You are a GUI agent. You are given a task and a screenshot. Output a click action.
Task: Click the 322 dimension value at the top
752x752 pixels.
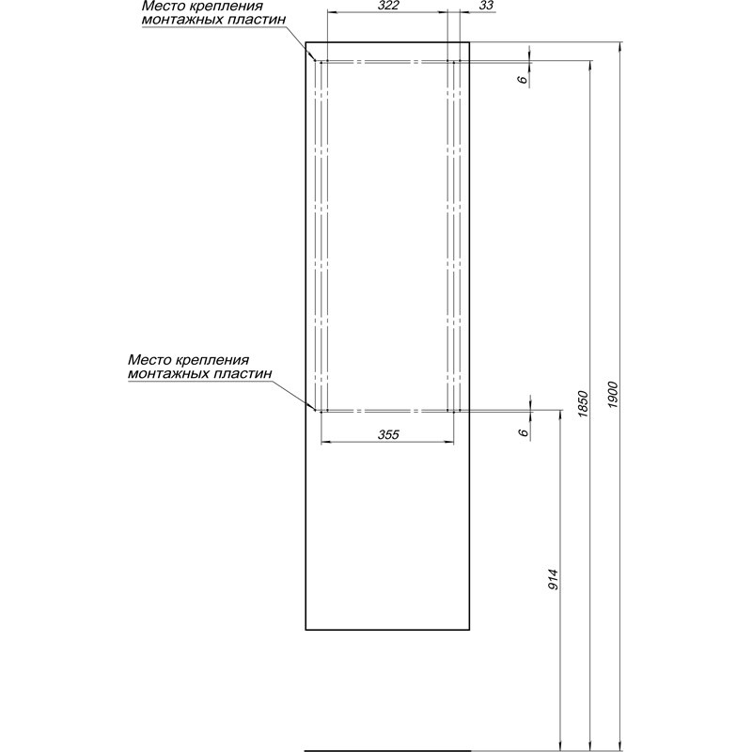tap(388, 6)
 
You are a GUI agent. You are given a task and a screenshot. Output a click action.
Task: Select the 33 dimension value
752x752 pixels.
tap(485, 6)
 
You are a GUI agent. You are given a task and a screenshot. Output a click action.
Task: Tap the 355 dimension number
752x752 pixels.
tap(388, 434)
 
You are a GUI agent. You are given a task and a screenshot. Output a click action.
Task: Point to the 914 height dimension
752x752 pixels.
tap(554, 579)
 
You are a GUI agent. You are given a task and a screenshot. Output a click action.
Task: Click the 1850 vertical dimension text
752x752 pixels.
tap(583, 404)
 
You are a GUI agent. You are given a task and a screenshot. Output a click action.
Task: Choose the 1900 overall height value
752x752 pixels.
tap(613, 395)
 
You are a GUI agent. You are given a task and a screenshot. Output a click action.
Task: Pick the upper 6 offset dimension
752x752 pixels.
tap(524, 79)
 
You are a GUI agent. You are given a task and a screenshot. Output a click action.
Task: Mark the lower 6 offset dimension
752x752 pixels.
tap(524, 432)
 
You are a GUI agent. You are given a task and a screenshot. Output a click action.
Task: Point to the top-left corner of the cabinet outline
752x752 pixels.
tap(306, 42)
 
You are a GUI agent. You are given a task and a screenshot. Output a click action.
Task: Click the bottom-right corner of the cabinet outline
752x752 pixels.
tap(469, 629)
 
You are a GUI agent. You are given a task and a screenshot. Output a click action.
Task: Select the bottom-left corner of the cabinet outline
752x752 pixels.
tap(306, 629)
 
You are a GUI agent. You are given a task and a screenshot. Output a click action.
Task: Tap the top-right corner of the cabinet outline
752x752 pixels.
tap(469, 42)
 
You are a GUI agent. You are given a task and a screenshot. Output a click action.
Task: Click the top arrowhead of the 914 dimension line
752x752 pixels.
tap(560, 415)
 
